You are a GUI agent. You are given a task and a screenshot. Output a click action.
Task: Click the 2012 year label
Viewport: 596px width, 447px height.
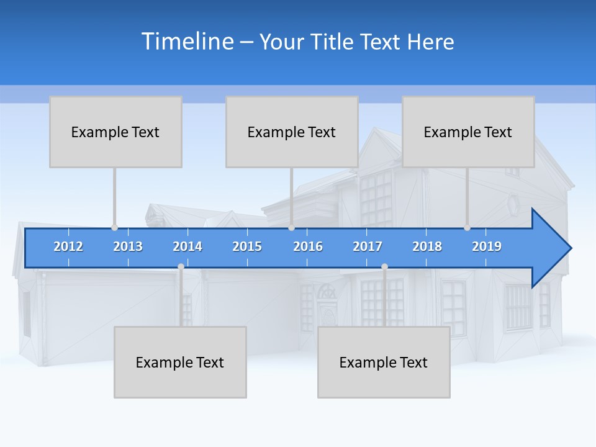pos(68,246)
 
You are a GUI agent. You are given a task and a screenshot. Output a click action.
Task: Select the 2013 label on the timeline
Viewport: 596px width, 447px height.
pos(128,246)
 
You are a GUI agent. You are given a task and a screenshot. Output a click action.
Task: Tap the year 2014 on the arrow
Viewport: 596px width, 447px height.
pos(187,246)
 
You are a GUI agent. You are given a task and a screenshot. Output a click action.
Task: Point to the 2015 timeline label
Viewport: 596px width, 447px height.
pos(247,246)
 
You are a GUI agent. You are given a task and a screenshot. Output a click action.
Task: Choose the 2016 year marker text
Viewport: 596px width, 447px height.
pos(308,246)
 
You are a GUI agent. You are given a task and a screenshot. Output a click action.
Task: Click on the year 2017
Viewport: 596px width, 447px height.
pos(368,246)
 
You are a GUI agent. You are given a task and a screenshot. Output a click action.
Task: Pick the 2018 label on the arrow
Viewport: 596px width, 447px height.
pos(427,246)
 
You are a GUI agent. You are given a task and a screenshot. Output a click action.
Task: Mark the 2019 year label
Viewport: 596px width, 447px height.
pos(487,246)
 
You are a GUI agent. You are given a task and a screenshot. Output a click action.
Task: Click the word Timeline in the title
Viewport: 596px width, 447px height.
pos(187,42)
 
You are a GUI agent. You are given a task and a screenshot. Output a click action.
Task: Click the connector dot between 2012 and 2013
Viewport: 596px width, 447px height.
pos(114,227)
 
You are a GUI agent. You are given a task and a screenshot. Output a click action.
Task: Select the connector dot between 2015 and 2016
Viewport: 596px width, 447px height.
pos(292,227)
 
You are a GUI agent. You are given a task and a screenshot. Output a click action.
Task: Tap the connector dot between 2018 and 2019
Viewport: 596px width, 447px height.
pos(467,227)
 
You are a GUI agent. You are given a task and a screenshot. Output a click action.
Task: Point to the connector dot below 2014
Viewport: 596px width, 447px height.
pos(181,267)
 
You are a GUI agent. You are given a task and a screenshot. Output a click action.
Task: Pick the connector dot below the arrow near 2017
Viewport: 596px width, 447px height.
pos(384,267)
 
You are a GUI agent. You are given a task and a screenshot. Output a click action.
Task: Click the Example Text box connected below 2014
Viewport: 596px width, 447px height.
pos(180,362)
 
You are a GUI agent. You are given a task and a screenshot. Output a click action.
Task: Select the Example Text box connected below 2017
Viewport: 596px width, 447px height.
pos(384,362)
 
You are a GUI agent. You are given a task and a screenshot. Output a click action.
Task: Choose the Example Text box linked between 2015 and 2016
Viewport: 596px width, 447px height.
pos(292,132)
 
